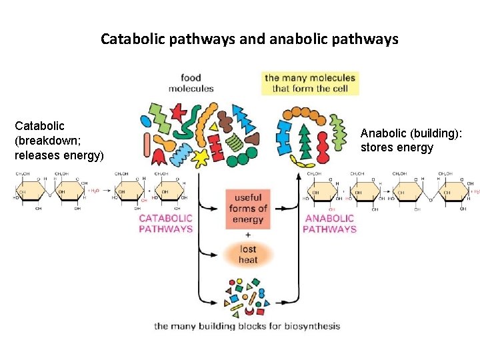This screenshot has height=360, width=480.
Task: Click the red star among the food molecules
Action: [x=177, y=111]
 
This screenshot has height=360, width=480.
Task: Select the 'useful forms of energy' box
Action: [x=247, y=209]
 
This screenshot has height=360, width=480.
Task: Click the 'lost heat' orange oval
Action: [x=247, y=254]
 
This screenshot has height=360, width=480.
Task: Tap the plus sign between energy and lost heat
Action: [x=247, y=235]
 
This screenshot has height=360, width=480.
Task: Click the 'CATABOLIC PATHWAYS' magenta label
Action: [x=165, y=223]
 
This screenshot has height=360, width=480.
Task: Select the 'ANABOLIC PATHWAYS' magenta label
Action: [x=329, y=223]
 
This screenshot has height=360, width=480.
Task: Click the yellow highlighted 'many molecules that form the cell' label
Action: [x=310, y=83]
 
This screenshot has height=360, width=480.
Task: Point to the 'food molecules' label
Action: [x=191, y=83]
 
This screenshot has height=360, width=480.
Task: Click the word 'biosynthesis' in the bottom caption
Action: [x=313, y=326]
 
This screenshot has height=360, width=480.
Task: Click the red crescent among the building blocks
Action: [x=249, y=311]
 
